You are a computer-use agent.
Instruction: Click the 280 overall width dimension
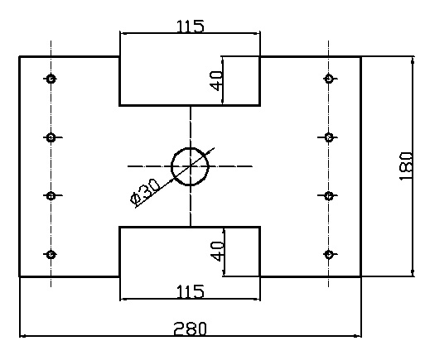(190, 329)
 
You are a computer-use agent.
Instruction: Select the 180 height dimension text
(407, 166)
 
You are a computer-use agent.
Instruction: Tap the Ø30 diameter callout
(145, 192)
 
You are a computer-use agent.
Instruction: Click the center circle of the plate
(190, 148)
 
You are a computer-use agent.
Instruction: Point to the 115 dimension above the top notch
(191, 26)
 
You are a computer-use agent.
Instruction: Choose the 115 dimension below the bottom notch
(191, 291)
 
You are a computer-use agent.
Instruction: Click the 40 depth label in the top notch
(216, 81)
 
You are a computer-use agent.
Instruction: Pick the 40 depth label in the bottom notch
(217, 251)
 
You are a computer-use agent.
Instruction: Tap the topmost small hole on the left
(51, 79)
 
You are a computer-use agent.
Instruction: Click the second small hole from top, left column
(51, 137)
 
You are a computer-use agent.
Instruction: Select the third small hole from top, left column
(51, 195)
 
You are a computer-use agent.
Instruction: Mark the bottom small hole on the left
(51, 254)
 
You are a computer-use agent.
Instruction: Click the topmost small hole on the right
(329, 79)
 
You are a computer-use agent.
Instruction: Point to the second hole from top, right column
(329, 137)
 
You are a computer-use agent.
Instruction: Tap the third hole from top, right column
(329, 195)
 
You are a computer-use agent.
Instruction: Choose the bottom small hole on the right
(329, 254)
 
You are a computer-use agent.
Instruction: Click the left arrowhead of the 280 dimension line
(22, 336)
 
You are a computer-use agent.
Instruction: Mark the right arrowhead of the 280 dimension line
(358, 336)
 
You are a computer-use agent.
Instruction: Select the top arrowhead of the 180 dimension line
(413, 60)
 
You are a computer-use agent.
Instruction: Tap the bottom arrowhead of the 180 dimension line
(413, 272)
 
